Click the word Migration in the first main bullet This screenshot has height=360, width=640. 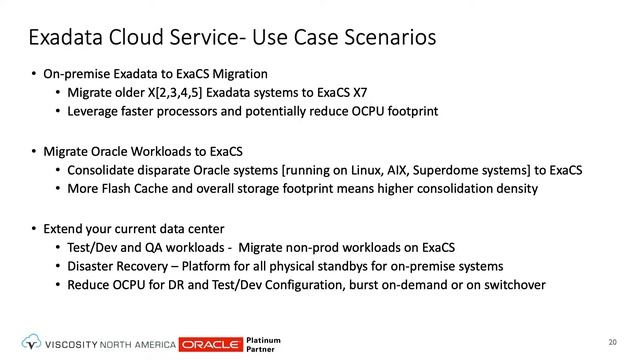(234, 74)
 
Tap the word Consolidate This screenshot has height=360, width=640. (103, 170)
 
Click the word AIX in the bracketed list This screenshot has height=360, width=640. (377, 170)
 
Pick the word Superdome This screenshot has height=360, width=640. (430, 170)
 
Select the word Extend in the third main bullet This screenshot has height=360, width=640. (64, 229)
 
